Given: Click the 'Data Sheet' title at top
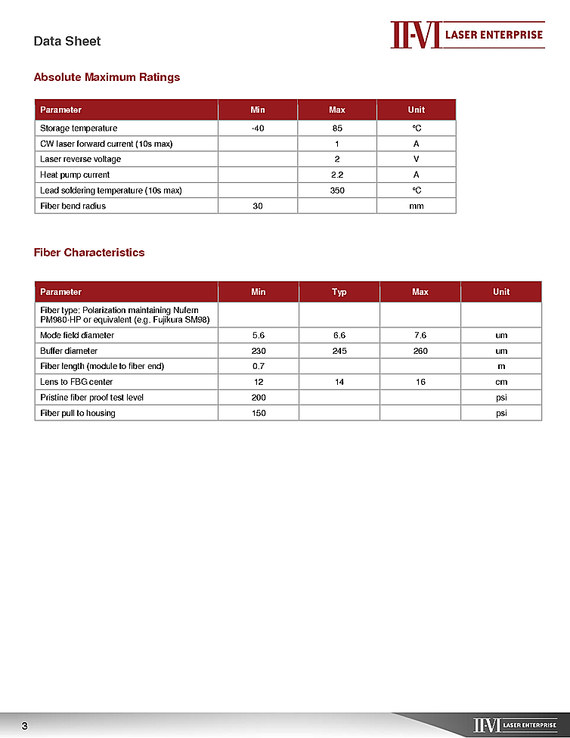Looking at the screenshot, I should pyautogui.click(x=67, y=41).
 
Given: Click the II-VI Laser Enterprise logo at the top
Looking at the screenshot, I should pyautogui.click(x=467, y=35).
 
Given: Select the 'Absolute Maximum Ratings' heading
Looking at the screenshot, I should pyautogui.click(x=107, y=77).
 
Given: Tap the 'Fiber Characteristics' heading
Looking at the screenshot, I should pyautogui.click(x=89, y=253).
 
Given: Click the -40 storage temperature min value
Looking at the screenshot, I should pyautogui.click(x=258, y=129).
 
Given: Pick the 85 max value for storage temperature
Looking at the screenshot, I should pyautogui.click(x=337, y=129).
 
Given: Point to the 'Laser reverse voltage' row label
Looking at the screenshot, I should pyautogui.click(x=80, y=160).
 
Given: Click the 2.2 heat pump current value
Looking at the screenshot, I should pyautogui.click(x=337, y=175).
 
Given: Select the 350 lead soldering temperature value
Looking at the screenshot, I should pyautogui.click(x=337, y=191).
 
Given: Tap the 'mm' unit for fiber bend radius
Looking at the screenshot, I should pyautogui.click(x=416, y=206).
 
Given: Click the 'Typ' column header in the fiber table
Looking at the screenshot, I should pyautogui.click(x=339, y=292).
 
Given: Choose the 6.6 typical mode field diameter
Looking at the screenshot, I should pyautogui.click(x=339, y=335).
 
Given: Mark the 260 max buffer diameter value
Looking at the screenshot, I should pyautogui.click(x=420, y=351).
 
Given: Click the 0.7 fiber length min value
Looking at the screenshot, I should pyautogui.click(x=259, y=366).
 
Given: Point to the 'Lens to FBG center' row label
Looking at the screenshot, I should pyautogui.click(x=76, y=382).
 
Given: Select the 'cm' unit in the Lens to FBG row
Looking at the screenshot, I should pyautogui.click(x=501, y=382).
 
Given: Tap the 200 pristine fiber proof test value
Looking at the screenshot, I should pyautogui.click(x=259, y=398).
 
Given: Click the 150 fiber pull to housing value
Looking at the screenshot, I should pyautogui.click(x=259, y=413).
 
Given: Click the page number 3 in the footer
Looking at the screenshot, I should pyautogui.click(x=24, y=727).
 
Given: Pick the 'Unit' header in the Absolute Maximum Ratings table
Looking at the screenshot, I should pyautogui.click(x=416, y=110).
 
